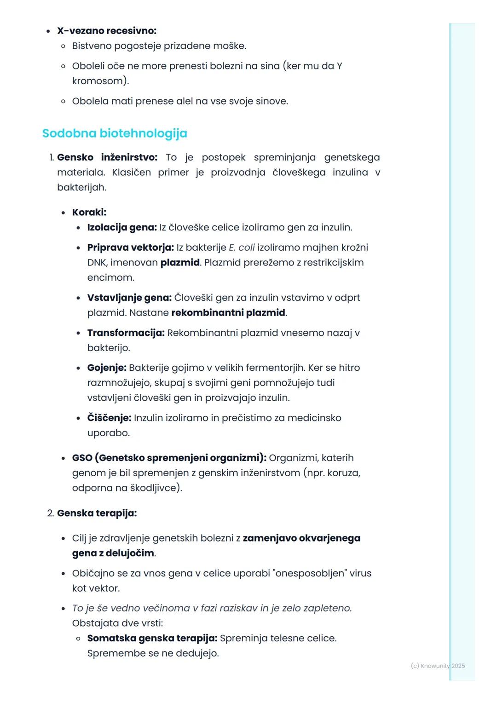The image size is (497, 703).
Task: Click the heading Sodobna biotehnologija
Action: coord(115,133)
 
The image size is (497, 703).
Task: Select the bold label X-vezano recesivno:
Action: coord(107,31)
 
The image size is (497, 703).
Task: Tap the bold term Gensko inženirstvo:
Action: coord(107,157)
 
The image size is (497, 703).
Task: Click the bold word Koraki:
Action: coord(89,213)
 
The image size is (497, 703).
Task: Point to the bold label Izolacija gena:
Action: coord(122,227)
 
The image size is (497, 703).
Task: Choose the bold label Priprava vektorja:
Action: coord(131,248)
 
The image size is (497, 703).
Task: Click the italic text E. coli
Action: coord(242,248)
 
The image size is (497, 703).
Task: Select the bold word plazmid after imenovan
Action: coord(180,263)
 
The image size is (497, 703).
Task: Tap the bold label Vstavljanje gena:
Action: coord(129,298)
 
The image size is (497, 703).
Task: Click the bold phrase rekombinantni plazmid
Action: coord(228,313)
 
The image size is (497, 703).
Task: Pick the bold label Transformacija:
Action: coord(126,333)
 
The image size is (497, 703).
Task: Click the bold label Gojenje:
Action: coord(107,368)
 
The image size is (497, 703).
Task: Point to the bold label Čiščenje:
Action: coord(109,418)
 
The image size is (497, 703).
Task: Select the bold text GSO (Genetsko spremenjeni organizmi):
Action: coord(169,458)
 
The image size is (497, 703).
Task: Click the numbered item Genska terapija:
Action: coord(97,513)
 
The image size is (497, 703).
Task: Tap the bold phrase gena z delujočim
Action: coord(113,553)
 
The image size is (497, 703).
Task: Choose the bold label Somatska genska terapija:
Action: coord(152,638)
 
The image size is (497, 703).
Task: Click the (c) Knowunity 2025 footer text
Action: coord(438,666)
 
